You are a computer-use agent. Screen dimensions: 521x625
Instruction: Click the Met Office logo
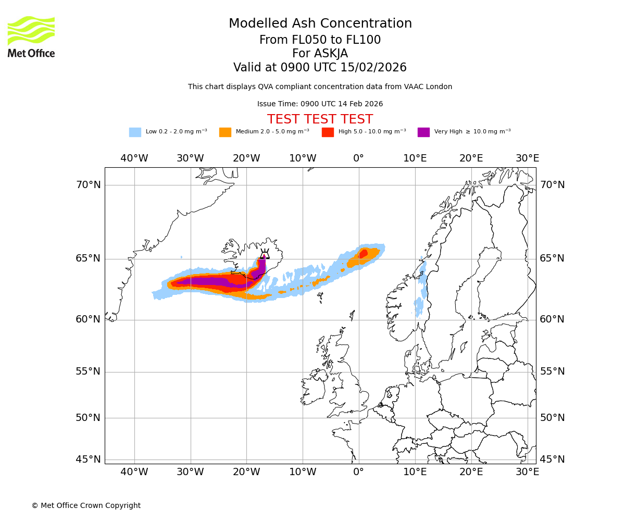point(31,36)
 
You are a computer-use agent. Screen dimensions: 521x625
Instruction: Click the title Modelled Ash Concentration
point(320,24)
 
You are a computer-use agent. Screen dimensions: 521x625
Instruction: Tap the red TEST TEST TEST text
point(320,119)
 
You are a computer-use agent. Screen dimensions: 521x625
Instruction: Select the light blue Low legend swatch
point(135,132)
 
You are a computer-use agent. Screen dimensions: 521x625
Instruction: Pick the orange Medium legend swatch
point(225,132)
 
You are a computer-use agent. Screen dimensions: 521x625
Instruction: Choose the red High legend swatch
point(328,132)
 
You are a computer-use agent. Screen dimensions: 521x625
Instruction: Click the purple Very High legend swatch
point(423,132)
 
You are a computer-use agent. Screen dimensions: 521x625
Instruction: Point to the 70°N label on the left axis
point(89,185)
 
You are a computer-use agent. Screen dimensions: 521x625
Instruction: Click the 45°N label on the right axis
point(552,460)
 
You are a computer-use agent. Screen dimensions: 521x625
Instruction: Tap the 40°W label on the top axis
point(134,158)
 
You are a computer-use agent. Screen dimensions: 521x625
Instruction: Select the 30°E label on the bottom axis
point(527,472)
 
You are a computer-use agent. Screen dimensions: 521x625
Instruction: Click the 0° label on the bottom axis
point(358,472)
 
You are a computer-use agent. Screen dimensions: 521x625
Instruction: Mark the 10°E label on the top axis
point(415,158)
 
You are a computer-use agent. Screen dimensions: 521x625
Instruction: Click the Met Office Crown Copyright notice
point(86,505)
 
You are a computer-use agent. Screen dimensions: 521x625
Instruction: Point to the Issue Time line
point(320,104)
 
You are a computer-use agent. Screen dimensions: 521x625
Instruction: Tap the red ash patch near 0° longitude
point(363,254)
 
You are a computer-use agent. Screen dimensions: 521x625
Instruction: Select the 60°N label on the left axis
point(89,319)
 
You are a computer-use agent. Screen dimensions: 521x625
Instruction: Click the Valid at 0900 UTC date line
point(320,68)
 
